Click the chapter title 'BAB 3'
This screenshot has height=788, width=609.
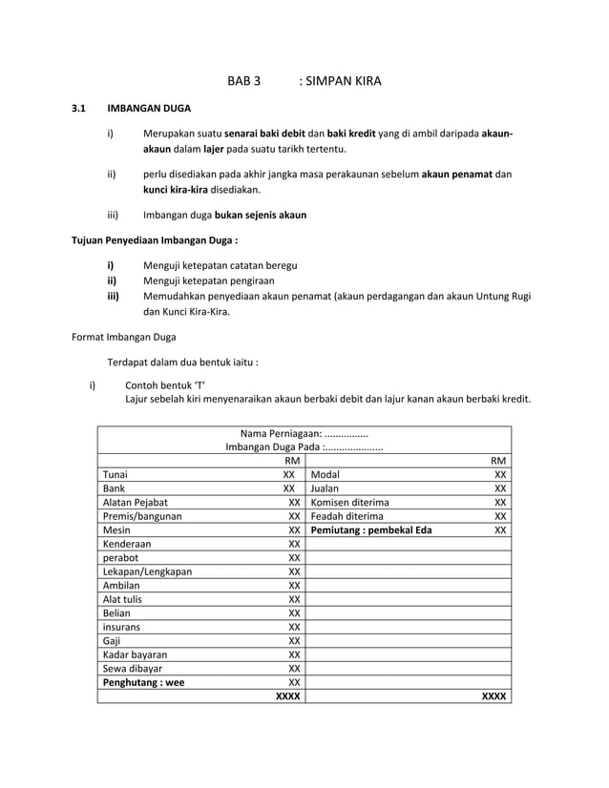click(x=243, y=81)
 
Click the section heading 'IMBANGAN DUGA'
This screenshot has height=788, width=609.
click(x=148, y=111)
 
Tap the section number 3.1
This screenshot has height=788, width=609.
click(x=81, y=111)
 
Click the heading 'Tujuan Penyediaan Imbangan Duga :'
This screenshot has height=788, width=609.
click(x=156, y=240)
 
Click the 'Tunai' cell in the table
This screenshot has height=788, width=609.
click(x=115, y=474)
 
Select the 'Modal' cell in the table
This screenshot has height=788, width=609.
click(x=326, y=474)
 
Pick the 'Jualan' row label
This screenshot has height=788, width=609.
click(x=328, y=488)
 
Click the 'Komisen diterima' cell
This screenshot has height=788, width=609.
click(x=350, y=502)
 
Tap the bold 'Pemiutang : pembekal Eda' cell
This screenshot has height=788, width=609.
click(x=370, y=529)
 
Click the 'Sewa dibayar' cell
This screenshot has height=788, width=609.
click(x=133, y=669)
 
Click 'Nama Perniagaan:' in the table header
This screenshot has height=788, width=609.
click(x=281, y=433)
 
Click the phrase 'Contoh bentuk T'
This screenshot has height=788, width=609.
click(x=166, y=385)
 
